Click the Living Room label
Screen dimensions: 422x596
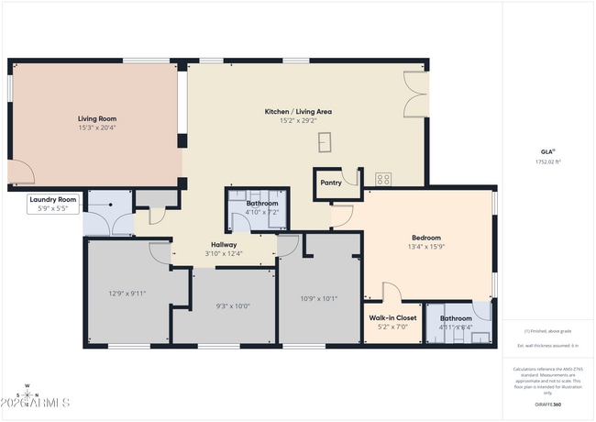(95, 118)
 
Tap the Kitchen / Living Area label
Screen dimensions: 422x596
(298, 111)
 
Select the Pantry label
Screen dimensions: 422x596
(330, 182)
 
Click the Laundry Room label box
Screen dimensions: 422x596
(53, 204)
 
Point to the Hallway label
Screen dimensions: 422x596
(224, 245)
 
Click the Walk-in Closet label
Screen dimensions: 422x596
(392, 317)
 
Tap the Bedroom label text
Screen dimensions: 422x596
(425, 238)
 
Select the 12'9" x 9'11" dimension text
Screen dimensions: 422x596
(127, 294)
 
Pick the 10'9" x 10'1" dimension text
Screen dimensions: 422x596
(319, 297)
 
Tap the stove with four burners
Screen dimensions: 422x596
(383, 179)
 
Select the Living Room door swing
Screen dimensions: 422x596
(20, 172)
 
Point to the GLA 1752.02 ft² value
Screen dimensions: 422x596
(547, 161)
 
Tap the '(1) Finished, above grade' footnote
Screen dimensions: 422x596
(547, 330)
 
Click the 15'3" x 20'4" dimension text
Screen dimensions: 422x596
(95, 128)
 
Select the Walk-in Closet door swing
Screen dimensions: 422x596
(391, 293)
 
